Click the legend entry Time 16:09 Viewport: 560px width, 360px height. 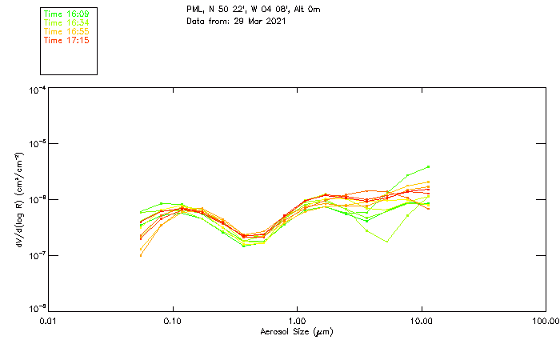click(x=66, y=14)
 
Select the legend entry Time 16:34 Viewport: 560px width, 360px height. click(x=66, y=23)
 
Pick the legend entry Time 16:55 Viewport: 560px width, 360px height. click(x=66, y=32)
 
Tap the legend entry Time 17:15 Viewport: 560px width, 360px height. click(x=66, y=41)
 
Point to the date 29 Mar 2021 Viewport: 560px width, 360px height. click(x=260, y=21)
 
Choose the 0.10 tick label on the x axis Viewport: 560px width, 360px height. click(x=173, y=321)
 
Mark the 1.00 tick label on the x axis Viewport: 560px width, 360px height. click(x=297, y=321)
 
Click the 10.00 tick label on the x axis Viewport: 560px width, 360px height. click(x=421, y=321)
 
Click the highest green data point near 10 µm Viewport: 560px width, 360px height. click(x=429, y=166)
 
